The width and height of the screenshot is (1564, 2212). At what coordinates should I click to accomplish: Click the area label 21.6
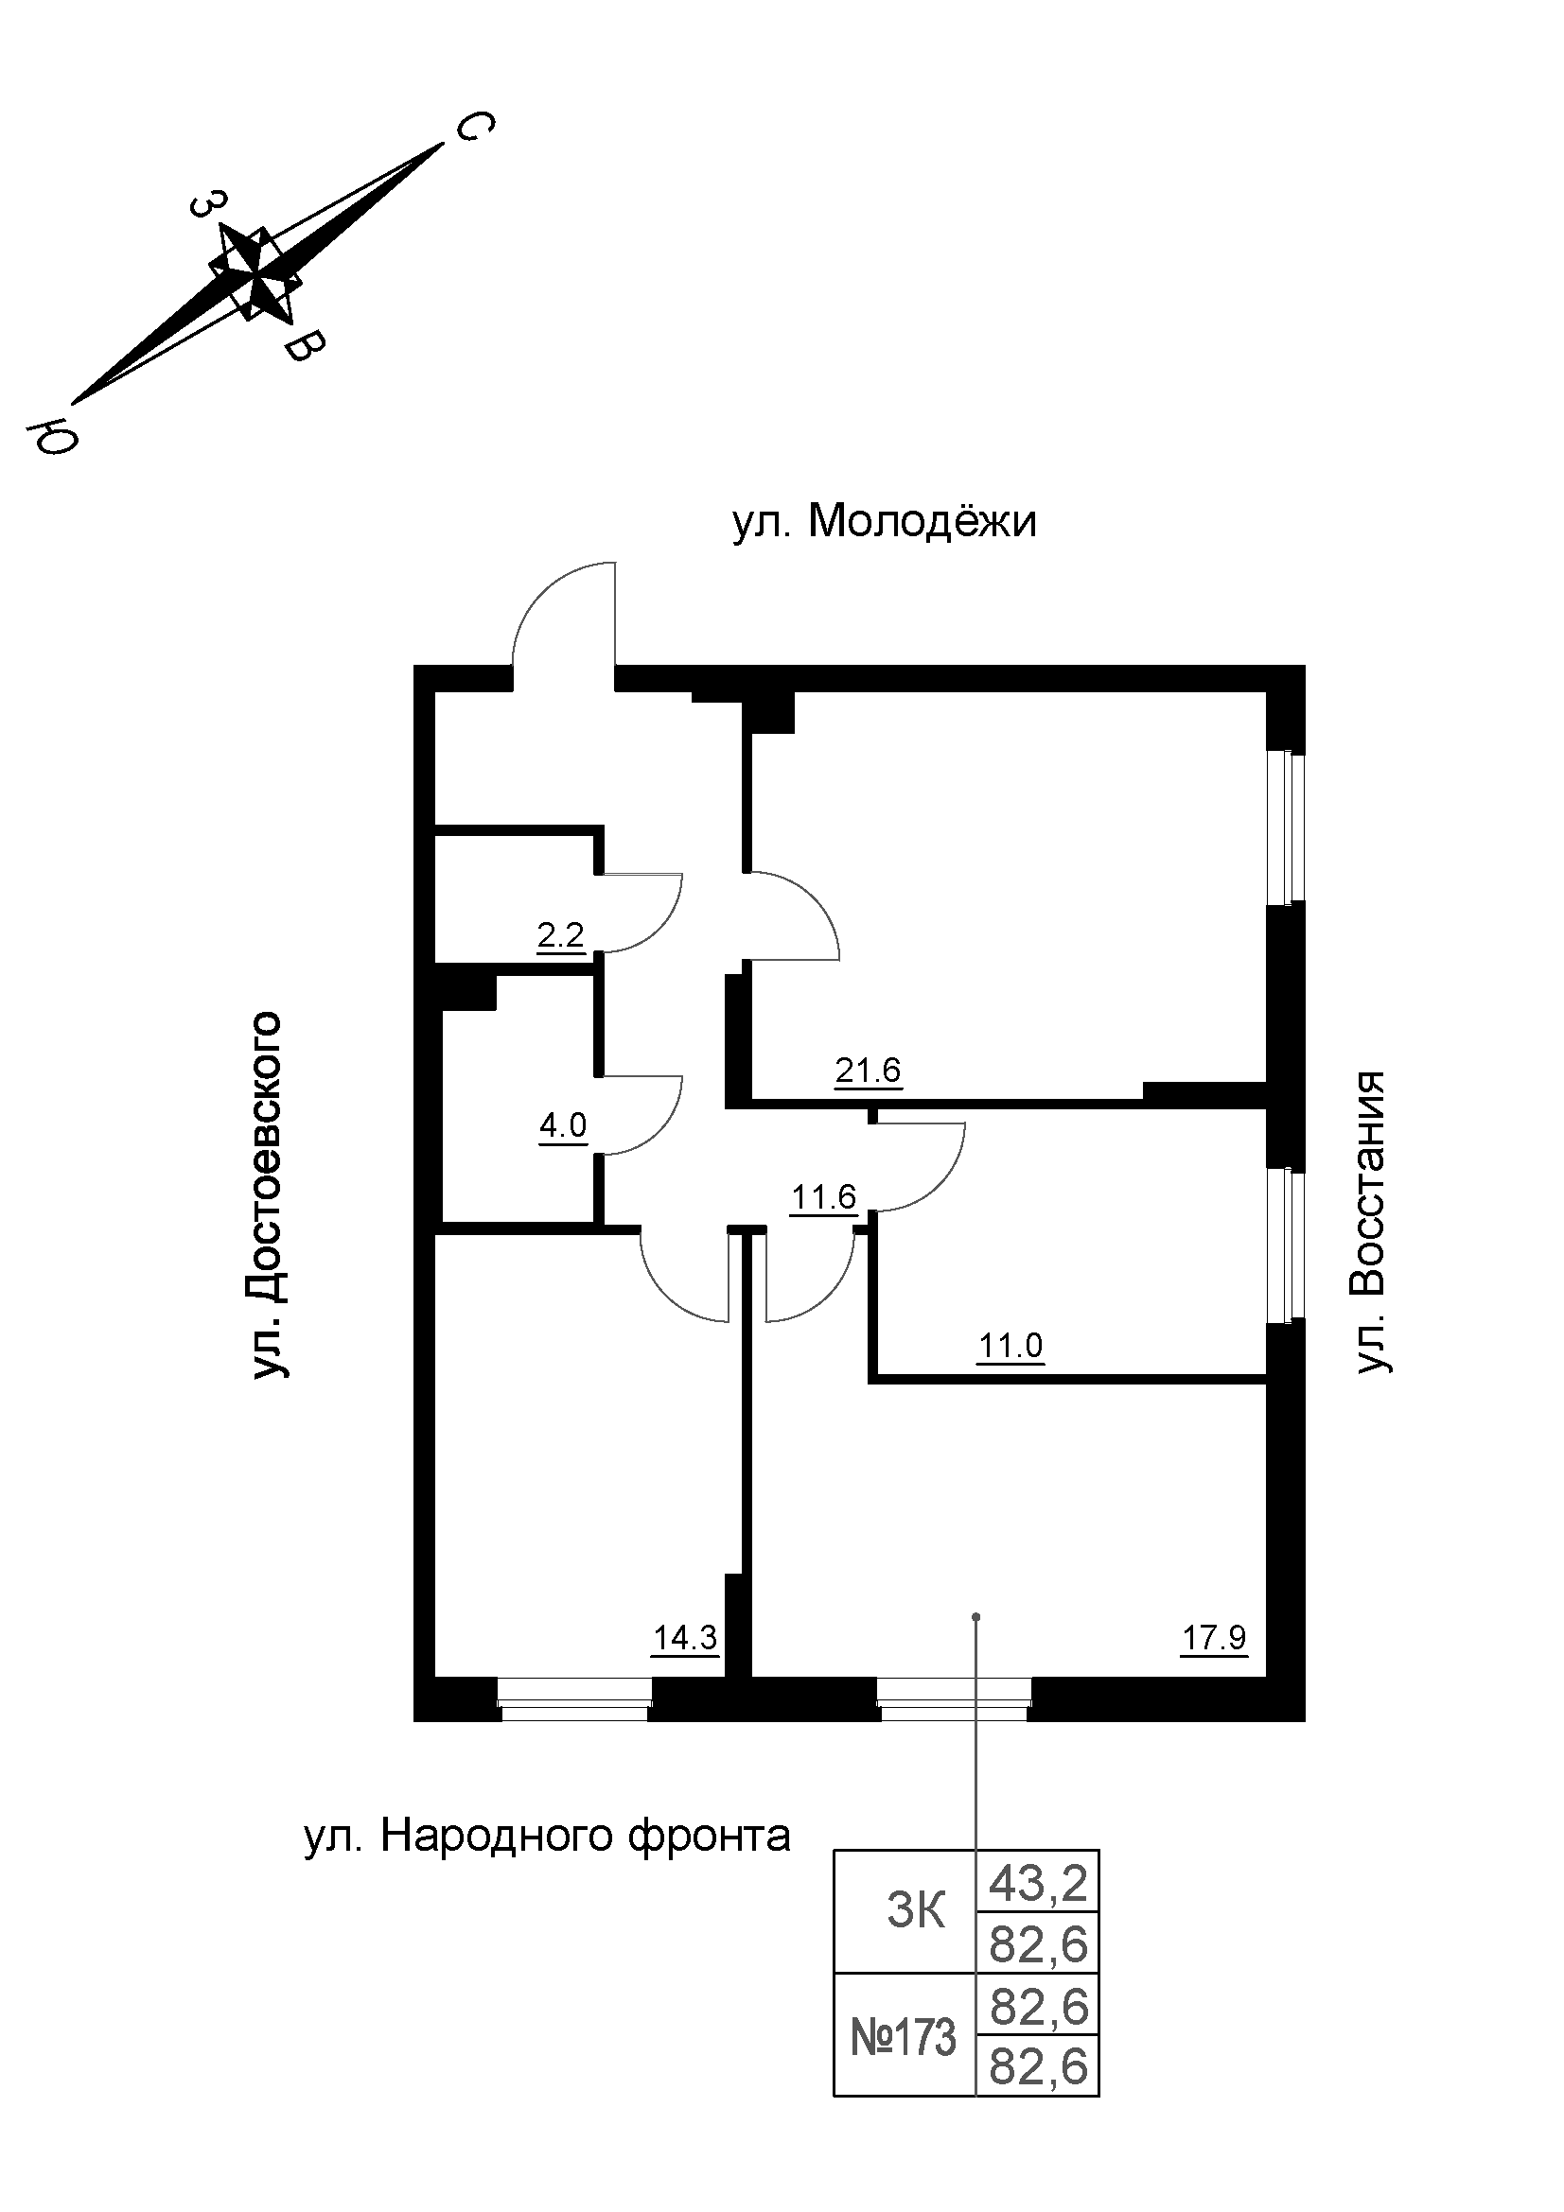(x=868, y=1071)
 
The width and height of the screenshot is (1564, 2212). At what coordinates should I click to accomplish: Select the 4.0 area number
(x=563, y=1124)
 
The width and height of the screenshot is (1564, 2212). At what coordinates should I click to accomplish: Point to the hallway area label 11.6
(x=824, y=1196)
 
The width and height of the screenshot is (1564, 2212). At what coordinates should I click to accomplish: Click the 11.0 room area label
(x=1010, y=1345)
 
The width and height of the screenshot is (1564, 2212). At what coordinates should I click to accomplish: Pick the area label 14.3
(x=685, y=1638)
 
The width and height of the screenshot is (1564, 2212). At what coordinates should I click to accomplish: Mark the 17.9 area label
(x=1214, y=1638)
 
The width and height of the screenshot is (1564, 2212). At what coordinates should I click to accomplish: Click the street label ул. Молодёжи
(x=884, y=522)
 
